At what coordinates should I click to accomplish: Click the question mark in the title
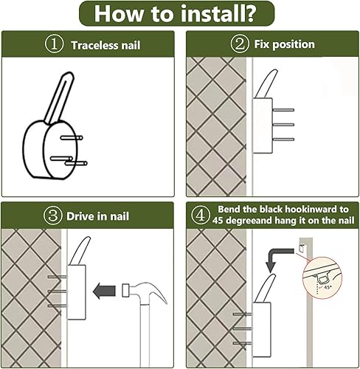coord(248,13)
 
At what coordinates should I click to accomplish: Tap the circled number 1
coord(54,44)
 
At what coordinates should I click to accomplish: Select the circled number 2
coord(240,44)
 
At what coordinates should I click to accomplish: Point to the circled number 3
coord(53,215)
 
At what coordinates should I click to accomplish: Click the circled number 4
coord(201,215)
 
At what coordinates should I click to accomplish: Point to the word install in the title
coord(217,13)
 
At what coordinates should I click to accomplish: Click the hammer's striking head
coord(125,290)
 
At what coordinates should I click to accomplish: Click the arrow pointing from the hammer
coord(104,291)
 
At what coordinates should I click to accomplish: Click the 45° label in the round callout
coord(328,287)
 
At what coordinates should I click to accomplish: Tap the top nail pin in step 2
coord(283,110)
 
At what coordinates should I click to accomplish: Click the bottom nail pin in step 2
coord(283,139)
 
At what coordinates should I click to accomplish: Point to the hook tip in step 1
coord(69,74)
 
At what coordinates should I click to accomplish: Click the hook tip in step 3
coord(89,238)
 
